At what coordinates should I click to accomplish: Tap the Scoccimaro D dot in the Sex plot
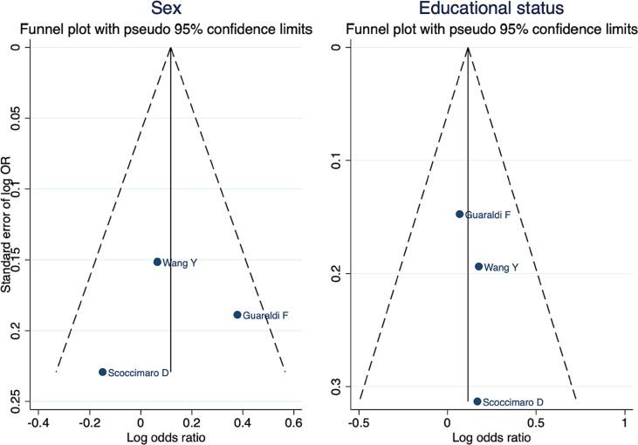[x=103, y=372]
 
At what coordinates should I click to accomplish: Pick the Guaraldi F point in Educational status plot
[x=460, y=214]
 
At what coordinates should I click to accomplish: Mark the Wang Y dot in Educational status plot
[x=478, y=266]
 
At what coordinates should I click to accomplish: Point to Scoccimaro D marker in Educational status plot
[x=477, y=401]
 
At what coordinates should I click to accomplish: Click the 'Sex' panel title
[x=170, y=10]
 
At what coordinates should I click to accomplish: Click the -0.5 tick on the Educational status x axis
[x=358, y=423]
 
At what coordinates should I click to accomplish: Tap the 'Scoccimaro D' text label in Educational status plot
[x=514, y=402]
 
